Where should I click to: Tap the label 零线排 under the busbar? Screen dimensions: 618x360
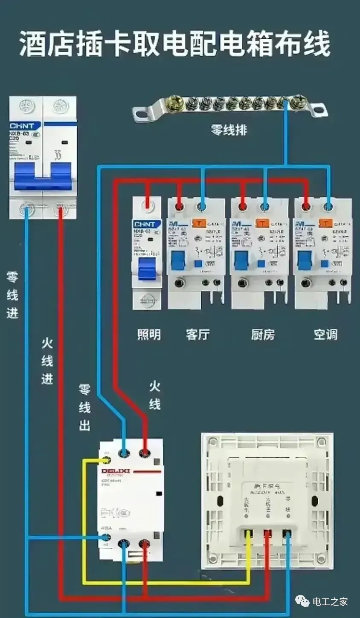(x=229, y=130)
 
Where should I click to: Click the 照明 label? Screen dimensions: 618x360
(x=149, y=335)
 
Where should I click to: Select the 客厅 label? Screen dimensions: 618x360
(x=197, y=335)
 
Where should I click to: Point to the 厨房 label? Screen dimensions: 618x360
(x=262, y=335)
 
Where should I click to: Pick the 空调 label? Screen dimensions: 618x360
(x=325, y=335)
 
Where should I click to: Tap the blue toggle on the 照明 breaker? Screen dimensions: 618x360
(x=147, y=269)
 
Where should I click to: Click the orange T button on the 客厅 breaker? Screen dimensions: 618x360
(x=198, y=223)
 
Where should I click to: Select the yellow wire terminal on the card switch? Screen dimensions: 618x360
(x=248, y=534)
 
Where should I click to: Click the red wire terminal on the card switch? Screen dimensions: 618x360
(x=267, y=534)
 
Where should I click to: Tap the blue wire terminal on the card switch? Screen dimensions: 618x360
(x=287, y=534)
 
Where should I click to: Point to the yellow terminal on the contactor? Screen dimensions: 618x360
(x=105, y=460)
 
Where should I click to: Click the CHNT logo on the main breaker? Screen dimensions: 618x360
(x=25, y=126)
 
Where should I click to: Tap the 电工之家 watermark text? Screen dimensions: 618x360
(x=330, y=601)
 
